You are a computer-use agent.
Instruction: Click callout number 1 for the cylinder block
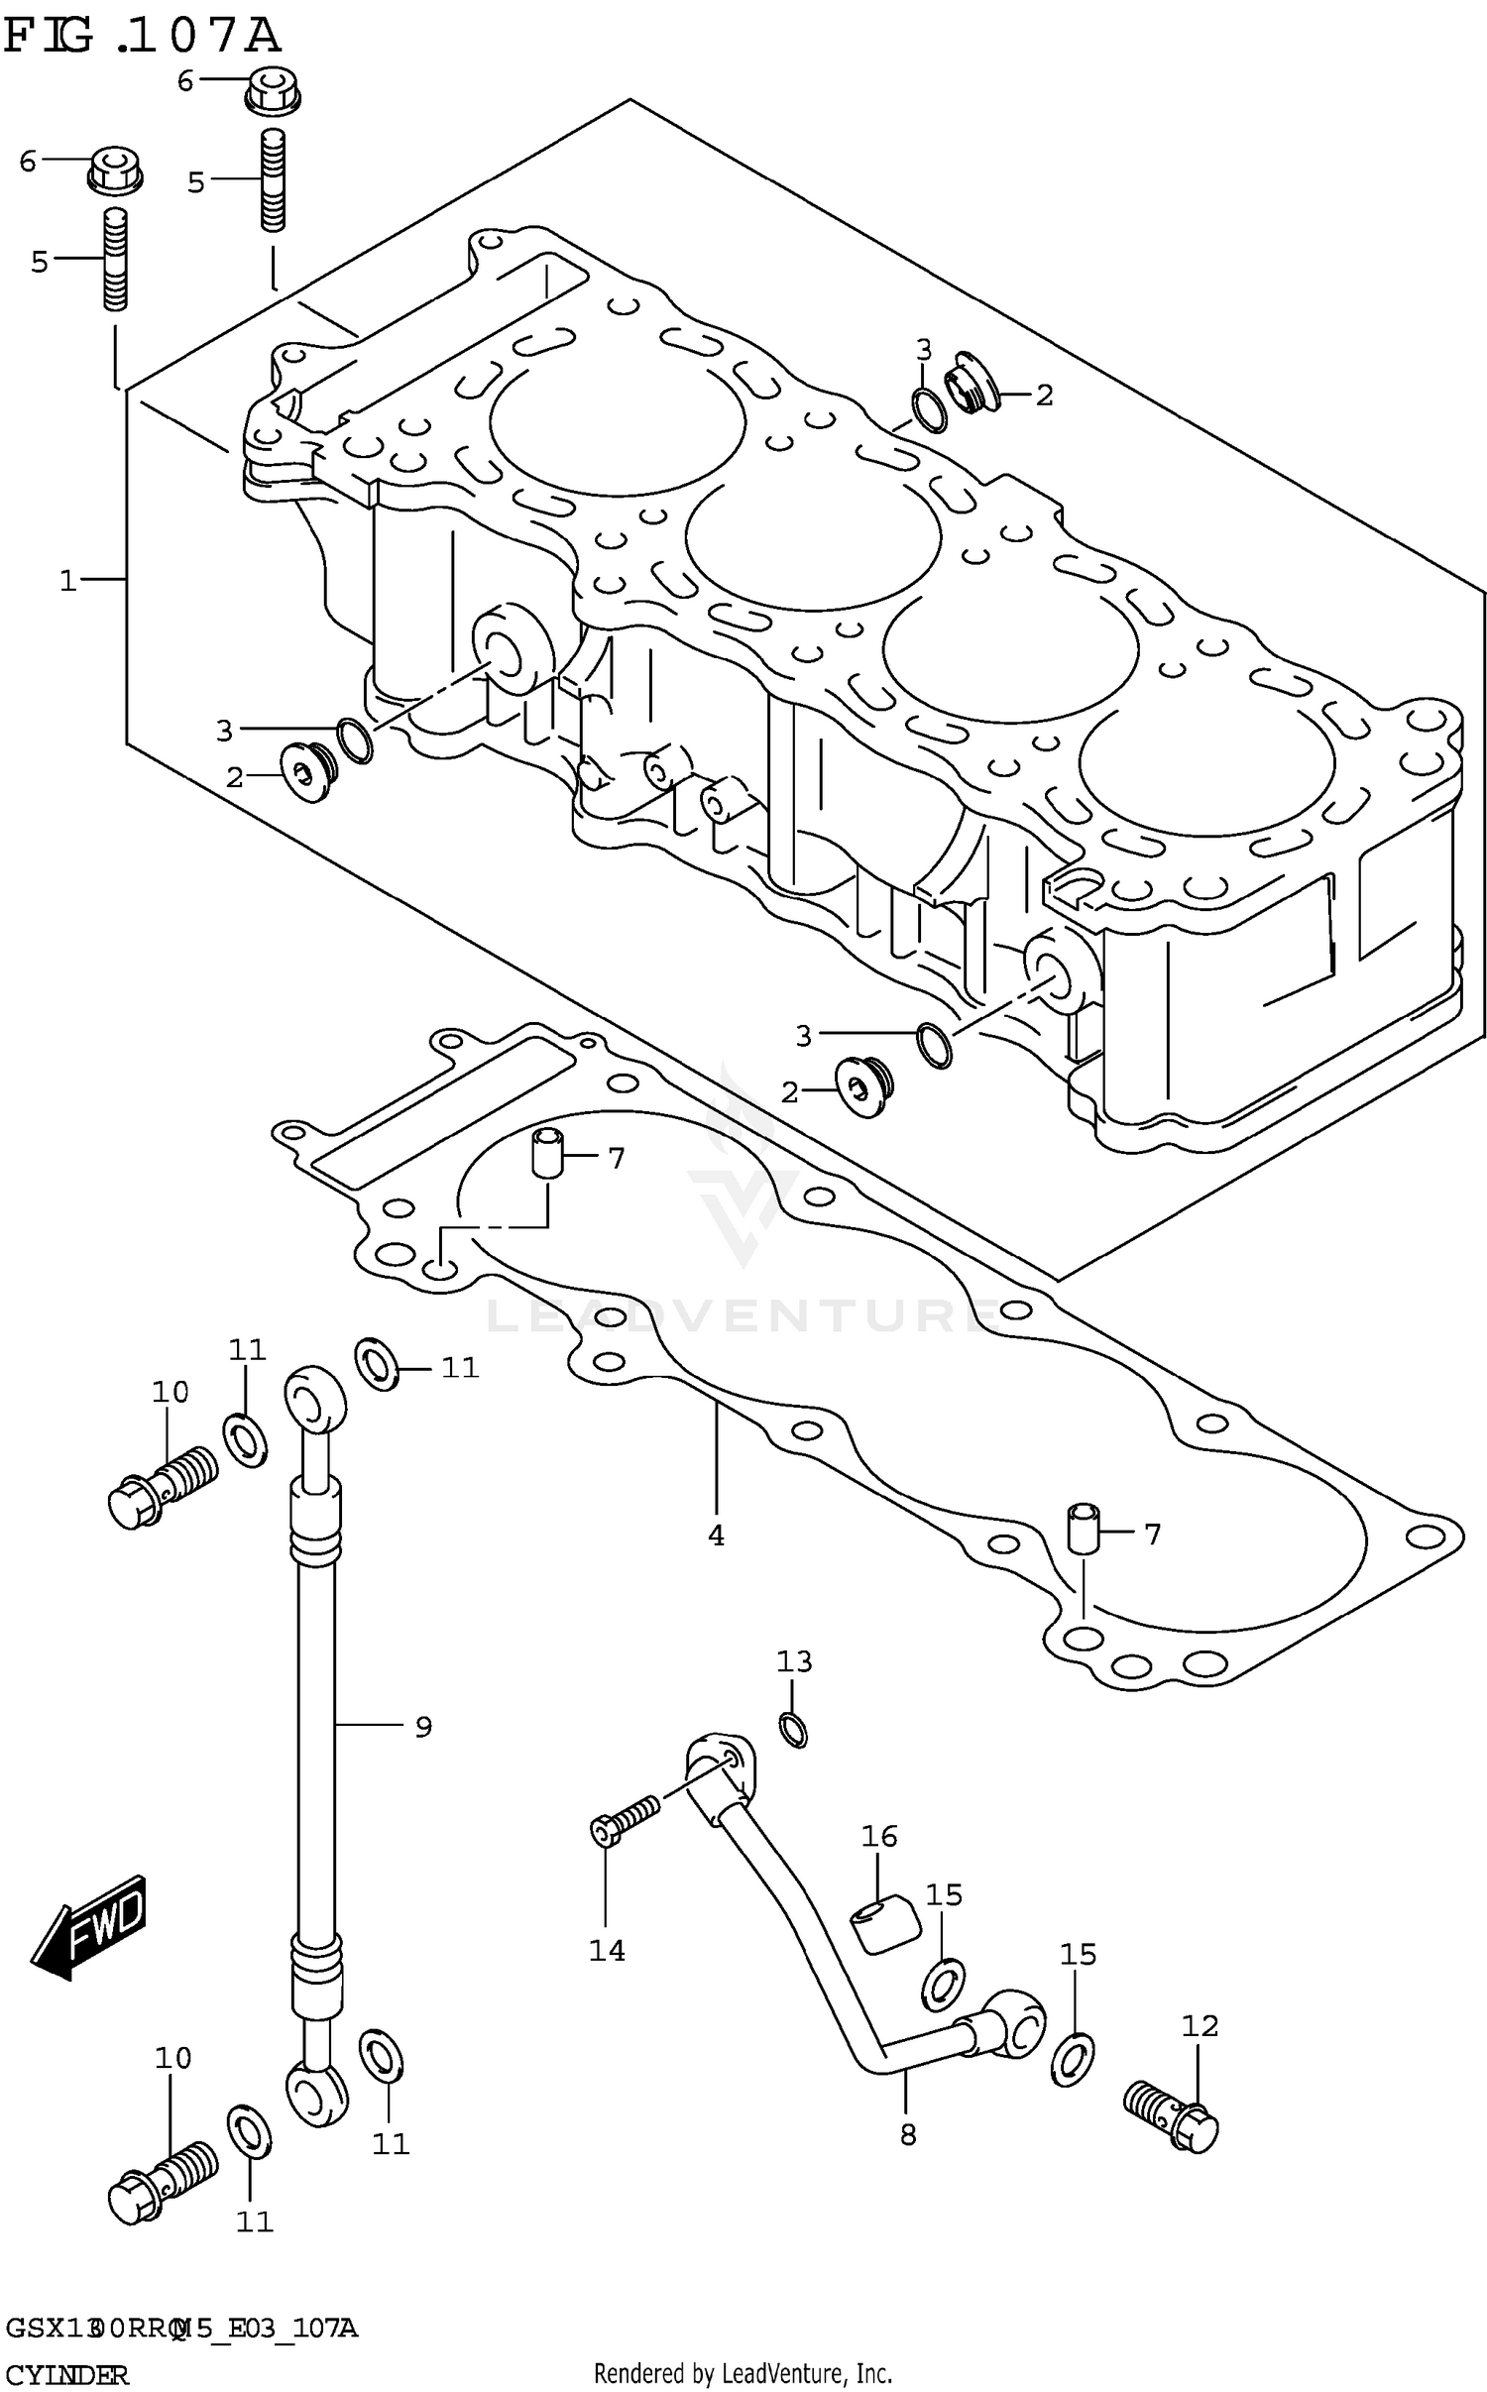click(67, 580)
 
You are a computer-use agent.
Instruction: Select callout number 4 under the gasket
click(716, 1536)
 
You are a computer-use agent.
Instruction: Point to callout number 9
click(423, 1727)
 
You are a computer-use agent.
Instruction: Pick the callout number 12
click(1200, 2026)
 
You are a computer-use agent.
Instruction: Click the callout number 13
click(794, 1661)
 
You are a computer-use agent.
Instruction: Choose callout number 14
click(607, 1951)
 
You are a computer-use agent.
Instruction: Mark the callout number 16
click(879, 1837)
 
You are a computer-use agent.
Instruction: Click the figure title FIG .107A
click(141, 36)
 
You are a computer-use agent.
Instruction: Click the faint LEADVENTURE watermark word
click(743, 1316)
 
